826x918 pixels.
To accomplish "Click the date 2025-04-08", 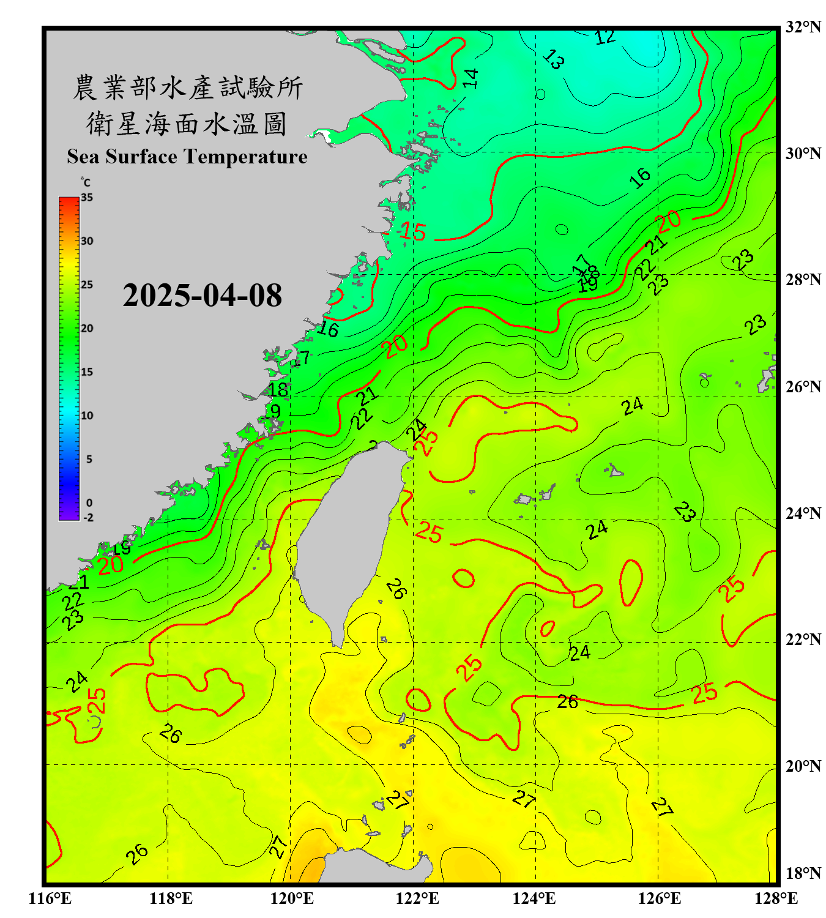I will point(202,296).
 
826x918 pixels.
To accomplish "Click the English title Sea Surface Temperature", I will point(187,157).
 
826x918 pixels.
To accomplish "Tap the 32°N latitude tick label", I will point(803,27).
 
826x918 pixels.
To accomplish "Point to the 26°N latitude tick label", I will point(803,387).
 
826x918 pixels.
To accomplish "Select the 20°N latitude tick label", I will point(803,766).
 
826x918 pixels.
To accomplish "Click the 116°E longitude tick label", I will point(50,898).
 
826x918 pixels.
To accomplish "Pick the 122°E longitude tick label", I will point(417,898).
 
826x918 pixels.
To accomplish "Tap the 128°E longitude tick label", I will point(776,898).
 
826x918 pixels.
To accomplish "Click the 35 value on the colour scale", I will point(87,198).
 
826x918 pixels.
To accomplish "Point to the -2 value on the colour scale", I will point(88,518).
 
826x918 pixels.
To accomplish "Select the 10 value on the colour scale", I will point(87,416).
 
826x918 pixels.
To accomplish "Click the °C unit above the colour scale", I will point(86,182).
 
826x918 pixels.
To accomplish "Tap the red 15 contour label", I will point(413,231).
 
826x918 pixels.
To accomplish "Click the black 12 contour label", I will point(605,37).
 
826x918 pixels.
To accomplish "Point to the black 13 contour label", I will point(554,60).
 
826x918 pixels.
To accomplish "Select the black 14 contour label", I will point(470,78).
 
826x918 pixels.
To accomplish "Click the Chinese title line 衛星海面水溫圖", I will point(187,124).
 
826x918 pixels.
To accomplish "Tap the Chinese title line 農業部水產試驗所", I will point(188,88).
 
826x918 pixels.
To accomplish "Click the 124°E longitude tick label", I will point(534,898).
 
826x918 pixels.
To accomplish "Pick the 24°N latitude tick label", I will point(803,513).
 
